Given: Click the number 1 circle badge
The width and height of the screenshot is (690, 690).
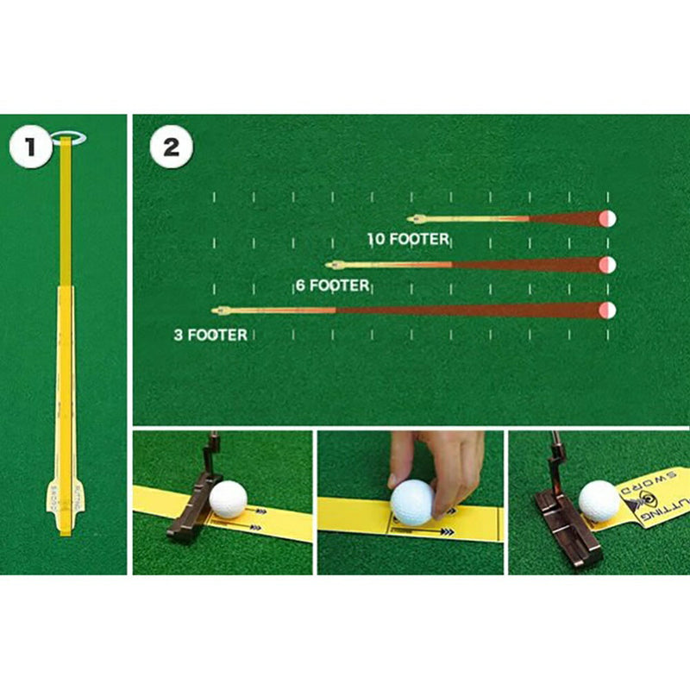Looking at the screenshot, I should tap(32, 147).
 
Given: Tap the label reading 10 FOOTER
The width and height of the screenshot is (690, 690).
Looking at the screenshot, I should tap(409, 239).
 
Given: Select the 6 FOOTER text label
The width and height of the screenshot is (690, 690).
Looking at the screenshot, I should tap(333, 285).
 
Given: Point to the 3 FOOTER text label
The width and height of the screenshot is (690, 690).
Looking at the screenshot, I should tap(210, 335).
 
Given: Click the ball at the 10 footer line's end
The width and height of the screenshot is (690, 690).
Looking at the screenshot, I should tap(608, 219).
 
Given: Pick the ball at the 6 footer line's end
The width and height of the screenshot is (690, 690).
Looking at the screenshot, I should tap(608, 264).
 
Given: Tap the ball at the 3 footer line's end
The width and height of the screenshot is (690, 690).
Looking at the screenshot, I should tap(608, 310).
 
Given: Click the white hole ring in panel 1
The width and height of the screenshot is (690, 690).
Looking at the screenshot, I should tap(68, 137).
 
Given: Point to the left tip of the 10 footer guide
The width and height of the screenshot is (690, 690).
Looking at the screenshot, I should tap(413, 219).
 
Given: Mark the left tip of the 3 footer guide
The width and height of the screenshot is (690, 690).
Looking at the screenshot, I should tap(217, 310).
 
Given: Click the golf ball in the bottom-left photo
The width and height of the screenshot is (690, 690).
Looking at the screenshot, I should tap(229, 499).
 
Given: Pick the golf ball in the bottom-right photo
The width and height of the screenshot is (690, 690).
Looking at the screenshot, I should tap(599, 500).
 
